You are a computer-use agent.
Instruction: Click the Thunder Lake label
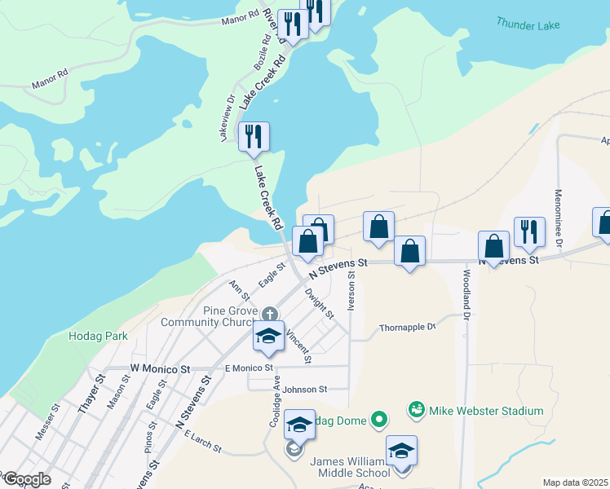[528, 25]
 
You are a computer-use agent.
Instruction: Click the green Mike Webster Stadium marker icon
[417, 408]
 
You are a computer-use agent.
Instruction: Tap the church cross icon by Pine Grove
[270, 313]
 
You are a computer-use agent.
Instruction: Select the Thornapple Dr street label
[408, 327]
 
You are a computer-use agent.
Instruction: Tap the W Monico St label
[159, 369]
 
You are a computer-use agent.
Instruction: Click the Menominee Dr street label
[559, 218]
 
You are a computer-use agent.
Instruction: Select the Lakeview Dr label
[228, 118]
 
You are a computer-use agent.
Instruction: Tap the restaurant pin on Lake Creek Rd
[254, 136]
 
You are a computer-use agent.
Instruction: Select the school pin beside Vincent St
[268, 337]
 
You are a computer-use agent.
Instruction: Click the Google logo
[26, 480]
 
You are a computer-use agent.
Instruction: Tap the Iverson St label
[351, 291]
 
